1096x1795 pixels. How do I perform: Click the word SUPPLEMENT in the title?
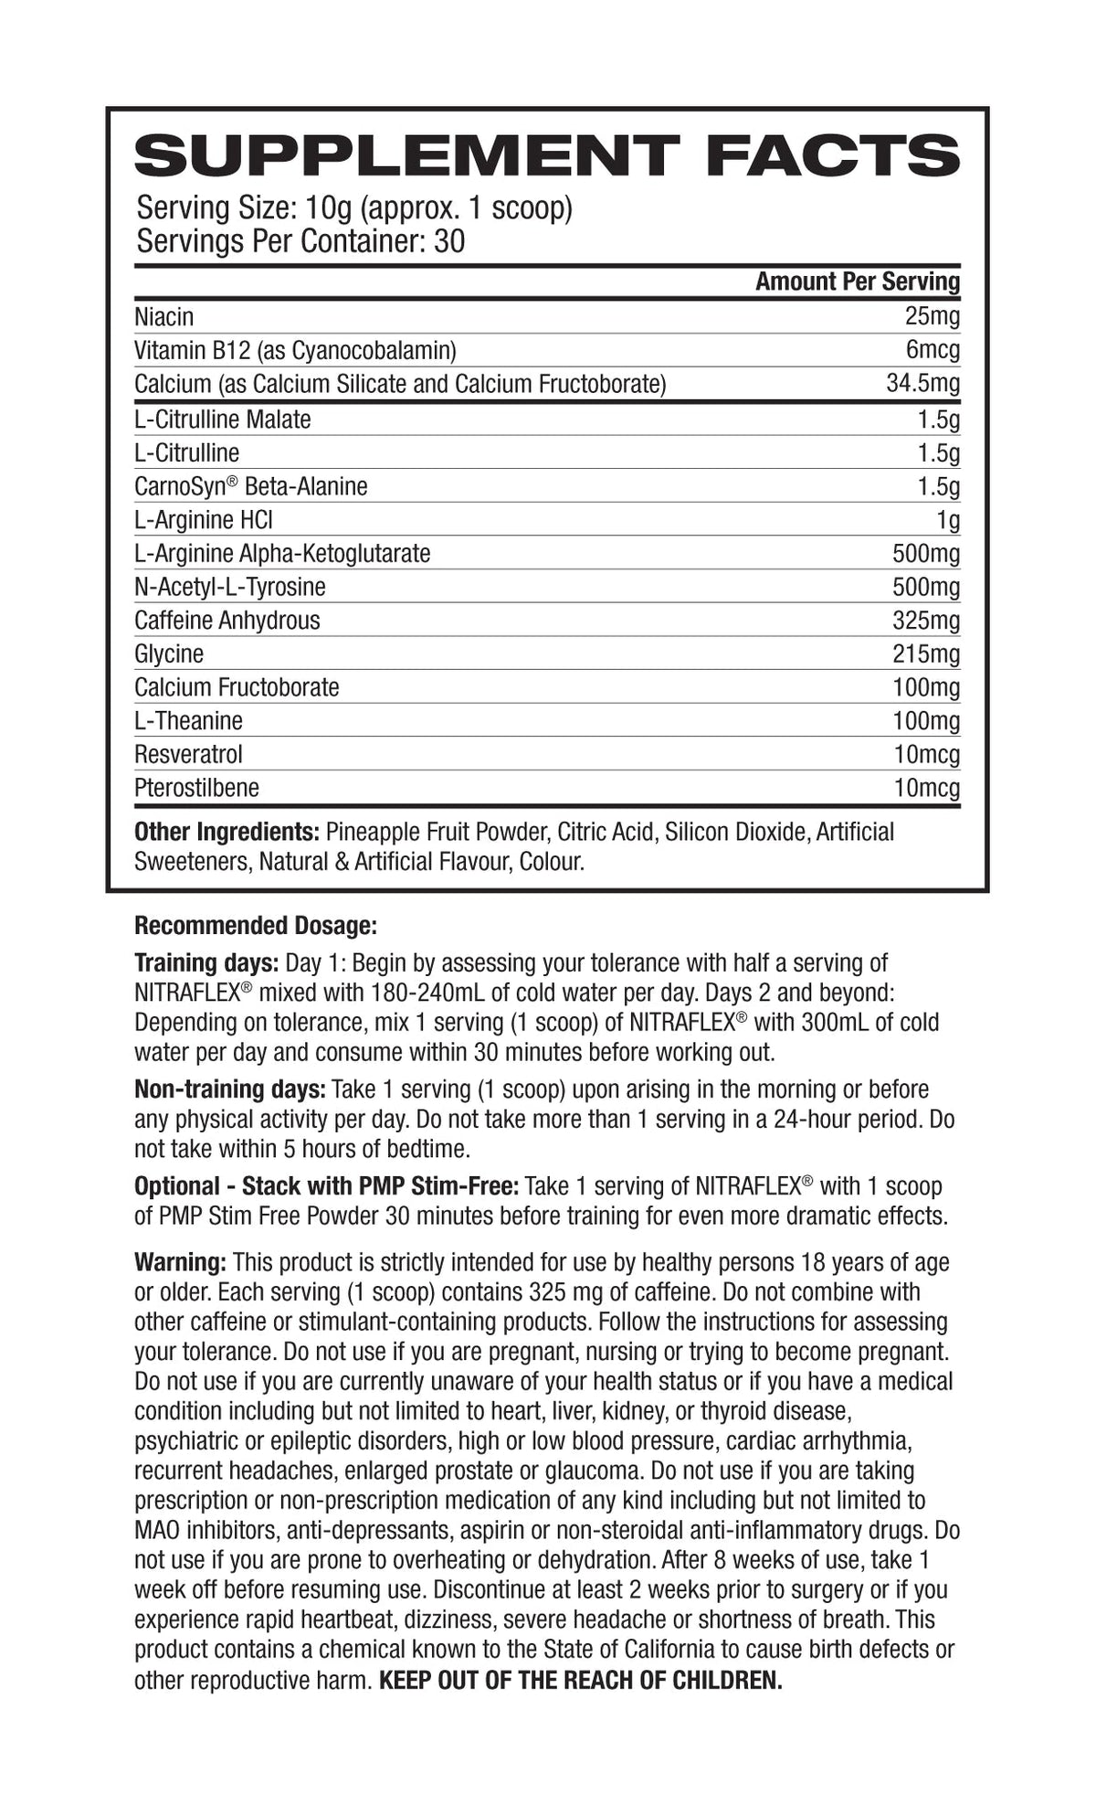[406, 156]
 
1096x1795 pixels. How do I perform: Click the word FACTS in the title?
[832, 156]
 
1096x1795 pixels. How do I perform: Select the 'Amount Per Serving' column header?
[857, 281]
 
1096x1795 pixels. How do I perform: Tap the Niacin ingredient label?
[164, 317]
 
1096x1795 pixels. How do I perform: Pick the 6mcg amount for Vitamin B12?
[933, 350]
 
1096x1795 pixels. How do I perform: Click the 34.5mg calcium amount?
[922, 384]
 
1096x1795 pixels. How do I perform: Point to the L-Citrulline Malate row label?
[222, 420]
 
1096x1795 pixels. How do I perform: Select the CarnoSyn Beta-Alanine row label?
[250, 486]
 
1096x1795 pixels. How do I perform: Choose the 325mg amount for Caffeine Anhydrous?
[926, 621]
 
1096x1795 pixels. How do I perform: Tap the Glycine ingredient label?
[169, 653]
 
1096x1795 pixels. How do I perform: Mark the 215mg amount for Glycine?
[926, 653]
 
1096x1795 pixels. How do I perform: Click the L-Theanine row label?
[188, 721]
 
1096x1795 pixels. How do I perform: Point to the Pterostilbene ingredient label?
[196, 788]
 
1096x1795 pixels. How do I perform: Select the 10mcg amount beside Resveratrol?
[926, 754]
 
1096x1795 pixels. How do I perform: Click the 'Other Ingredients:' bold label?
[226, 832]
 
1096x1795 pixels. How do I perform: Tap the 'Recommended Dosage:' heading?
[255, 926]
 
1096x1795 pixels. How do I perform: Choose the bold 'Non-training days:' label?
[229, 1089]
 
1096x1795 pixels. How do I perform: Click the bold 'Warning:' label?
[180, 1262]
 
